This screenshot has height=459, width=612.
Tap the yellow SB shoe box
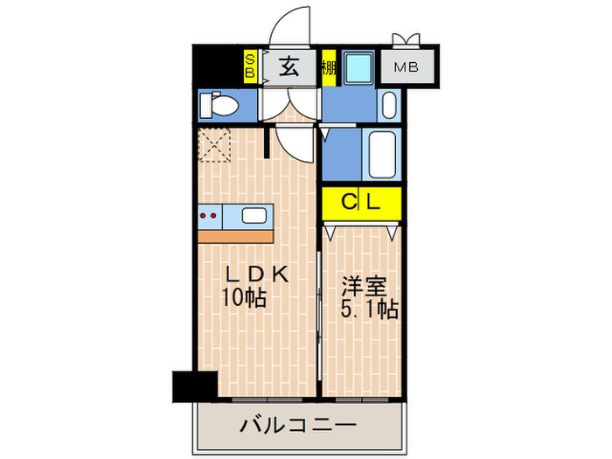[249, 66]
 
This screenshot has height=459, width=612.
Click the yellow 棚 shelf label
[329, 67]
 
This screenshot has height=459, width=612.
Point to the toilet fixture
[219, 107]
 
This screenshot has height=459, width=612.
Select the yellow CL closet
[361, 204]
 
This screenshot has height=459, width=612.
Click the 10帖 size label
[244, 297]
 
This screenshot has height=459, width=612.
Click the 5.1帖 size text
[369, 309]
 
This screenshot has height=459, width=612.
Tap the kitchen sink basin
[254, 215]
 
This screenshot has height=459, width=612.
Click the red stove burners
[209, 215]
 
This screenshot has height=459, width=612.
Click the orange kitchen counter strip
[234, 236]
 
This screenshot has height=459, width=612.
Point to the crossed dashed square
[215, 145]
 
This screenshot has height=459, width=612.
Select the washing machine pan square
[356, 68]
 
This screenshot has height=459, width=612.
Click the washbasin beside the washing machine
[390, 106]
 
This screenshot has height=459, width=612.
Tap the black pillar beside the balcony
[194, 385]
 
